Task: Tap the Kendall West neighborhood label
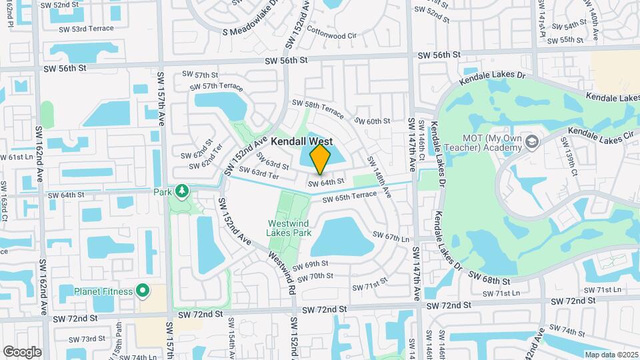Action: (x=301, y=142)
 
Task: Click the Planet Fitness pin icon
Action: (x=142, y=291)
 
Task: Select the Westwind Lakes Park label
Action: (x=289, y=228)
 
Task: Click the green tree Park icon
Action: (x=182, y=192)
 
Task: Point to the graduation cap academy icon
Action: (x=531, y=141)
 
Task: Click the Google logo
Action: (x=22, y=351)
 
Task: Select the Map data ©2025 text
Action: (x=610, y=355)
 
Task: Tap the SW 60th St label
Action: (x=372, y=121)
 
